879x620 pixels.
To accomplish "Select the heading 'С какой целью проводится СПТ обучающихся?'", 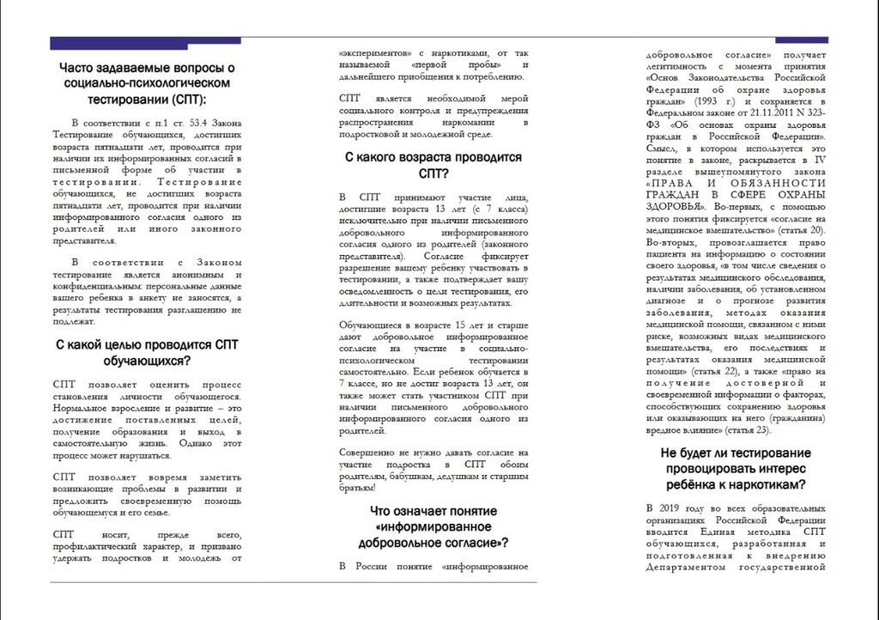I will [x=147, y=352].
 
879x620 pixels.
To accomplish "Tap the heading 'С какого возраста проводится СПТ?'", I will [x=433, y=166].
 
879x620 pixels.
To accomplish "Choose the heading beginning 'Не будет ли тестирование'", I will [x=736, y=468].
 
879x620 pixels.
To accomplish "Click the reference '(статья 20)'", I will [x=801, y=231].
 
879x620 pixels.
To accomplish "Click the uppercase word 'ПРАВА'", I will [x=670, y=183].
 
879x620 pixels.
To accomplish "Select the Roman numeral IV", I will [x=819, y=160].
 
